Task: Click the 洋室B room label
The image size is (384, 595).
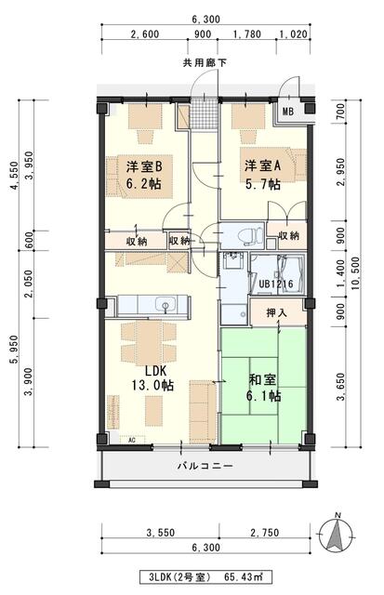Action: (x=146, y=176)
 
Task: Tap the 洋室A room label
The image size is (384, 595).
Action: (x=263, y=176)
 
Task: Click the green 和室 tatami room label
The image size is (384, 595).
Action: (x=264, y=387)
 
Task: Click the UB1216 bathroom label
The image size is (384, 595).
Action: (x=276, y=284)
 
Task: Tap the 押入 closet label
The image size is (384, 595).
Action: (x=276, y=312)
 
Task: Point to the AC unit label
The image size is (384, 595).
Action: (x=131, y=439)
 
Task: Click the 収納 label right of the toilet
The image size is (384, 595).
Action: (x=288, y=235)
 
